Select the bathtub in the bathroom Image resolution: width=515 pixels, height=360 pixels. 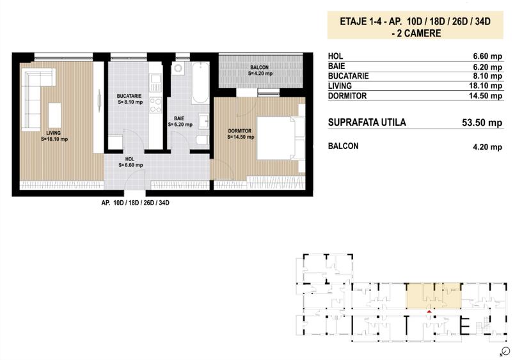coord(200,83)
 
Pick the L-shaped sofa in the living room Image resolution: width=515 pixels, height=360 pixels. coord(38,96)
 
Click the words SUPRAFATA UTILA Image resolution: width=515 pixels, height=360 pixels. coord(366,123)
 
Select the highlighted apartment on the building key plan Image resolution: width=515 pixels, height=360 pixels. coord(432,295)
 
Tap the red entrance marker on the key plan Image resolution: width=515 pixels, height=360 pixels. coord(428,310)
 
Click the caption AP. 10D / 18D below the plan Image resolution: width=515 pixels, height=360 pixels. coord(134,203)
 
